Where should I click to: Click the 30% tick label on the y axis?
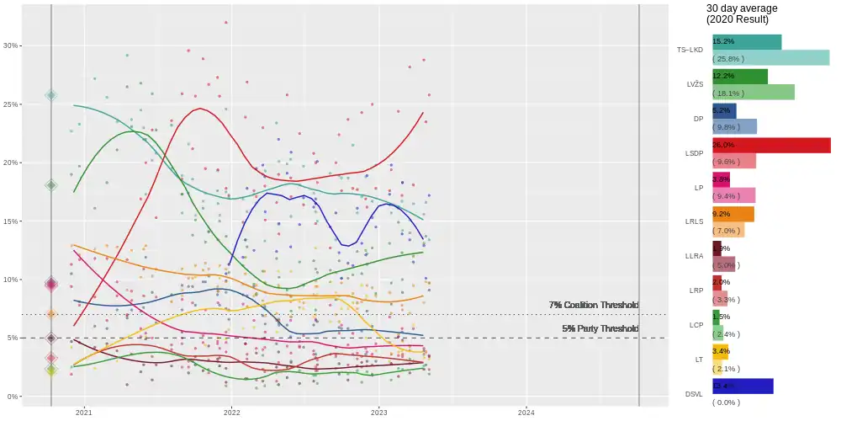10,45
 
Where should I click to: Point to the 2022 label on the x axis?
231,413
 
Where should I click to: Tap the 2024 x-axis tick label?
526,413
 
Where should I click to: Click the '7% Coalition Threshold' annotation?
593,305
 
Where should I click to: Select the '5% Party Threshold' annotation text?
600,328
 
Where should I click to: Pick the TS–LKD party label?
690,50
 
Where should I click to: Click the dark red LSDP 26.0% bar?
771,145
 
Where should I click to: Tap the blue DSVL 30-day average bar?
743,386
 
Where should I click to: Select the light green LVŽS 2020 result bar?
753,92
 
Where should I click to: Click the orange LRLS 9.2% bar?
733,214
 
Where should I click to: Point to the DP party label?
698,119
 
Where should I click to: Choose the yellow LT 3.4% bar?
720,351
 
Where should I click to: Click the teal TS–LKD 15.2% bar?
747,41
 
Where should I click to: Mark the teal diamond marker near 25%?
51,96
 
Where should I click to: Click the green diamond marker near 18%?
51,185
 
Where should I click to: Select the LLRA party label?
694,256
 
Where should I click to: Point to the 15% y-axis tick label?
10,221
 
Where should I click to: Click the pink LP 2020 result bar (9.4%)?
733,195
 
